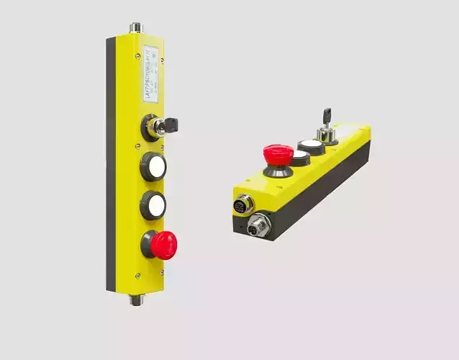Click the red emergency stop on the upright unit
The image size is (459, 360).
tap(165, 246)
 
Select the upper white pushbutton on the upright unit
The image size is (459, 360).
tap(155, 166)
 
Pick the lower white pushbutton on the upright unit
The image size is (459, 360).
tap(154, 205)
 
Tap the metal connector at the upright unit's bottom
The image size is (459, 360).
tap(136, 298)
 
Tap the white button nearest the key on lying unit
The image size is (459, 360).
tap(310, 145)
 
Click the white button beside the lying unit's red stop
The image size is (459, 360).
tap(299, 156)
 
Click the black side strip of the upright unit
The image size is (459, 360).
tap(111, 166)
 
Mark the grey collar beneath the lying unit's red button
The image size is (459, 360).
tap(276, 171)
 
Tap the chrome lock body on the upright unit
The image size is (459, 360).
tap(153, 127)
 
